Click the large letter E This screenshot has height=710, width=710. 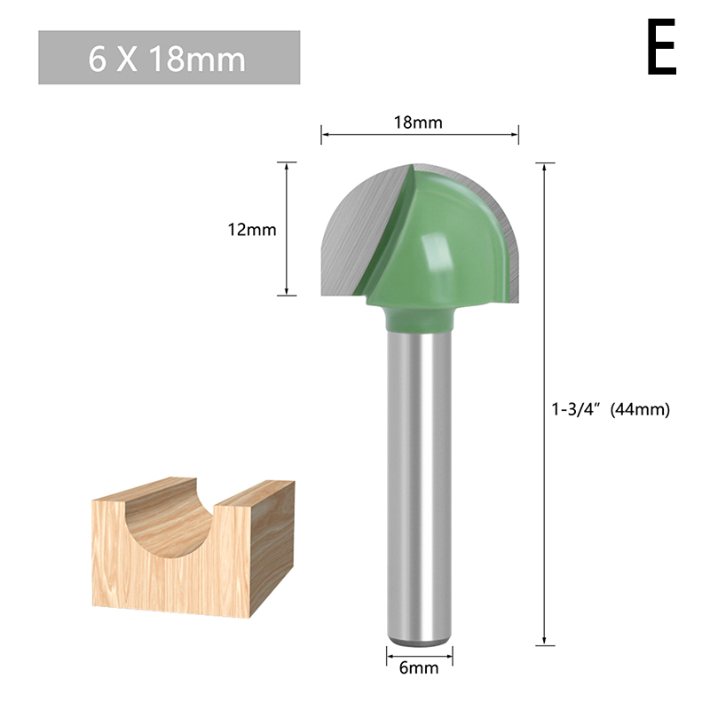tap(661, 47)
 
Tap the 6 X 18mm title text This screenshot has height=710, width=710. tap(167, 59)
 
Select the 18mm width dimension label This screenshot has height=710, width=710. tap(418, 122)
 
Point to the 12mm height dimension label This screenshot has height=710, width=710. tap(252, 230)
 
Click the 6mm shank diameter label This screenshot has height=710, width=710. tap(419, 668)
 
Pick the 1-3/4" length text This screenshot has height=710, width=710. tap(575, 409)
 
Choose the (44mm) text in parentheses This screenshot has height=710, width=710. tap(640, 409)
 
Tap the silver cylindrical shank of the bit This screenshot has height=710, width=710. tap(419, 486)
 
